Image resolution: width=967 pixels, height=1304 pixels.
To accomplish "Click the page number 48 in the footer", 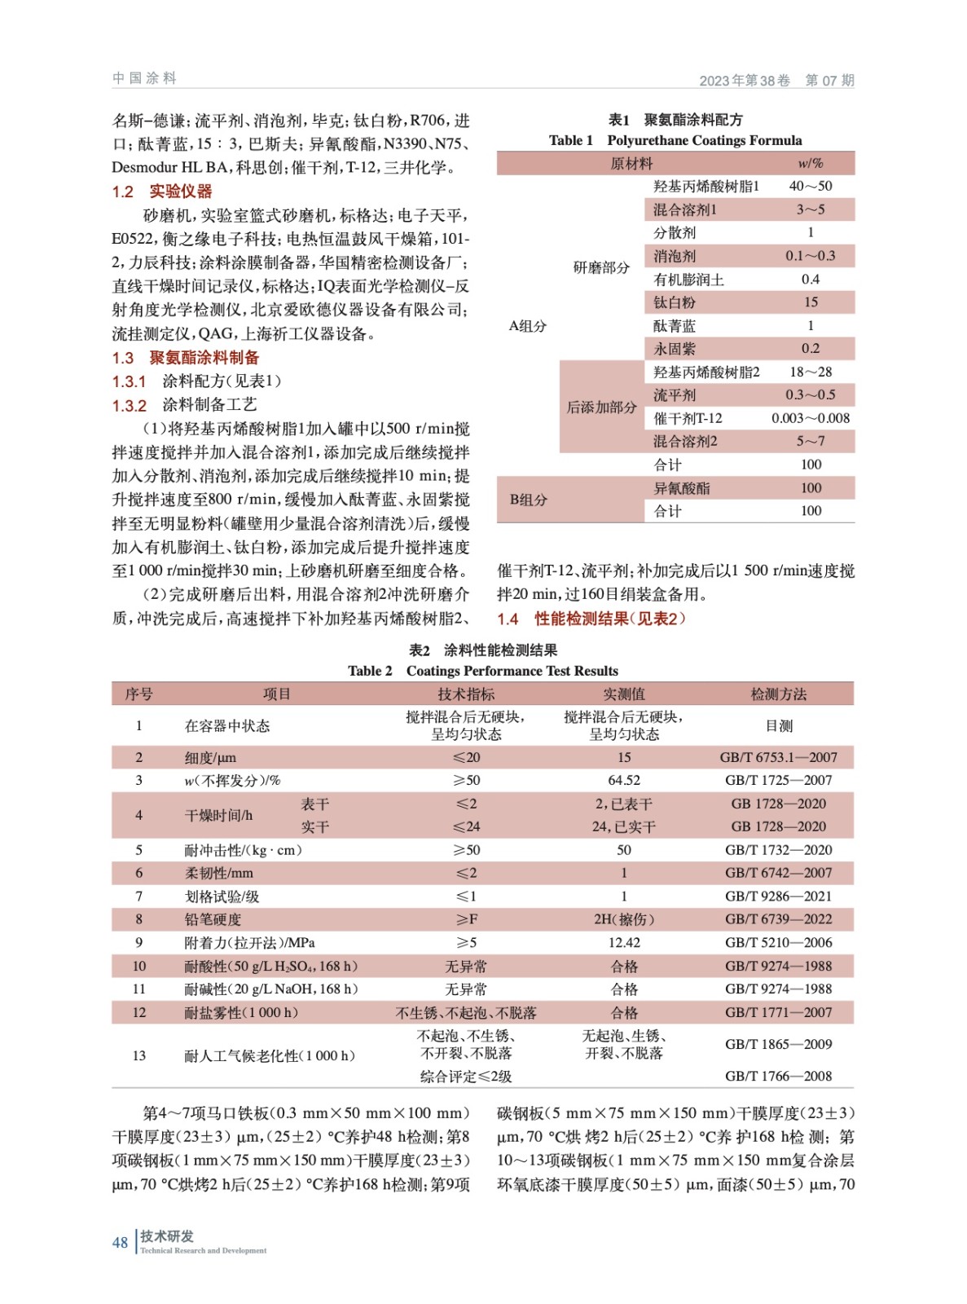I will (120, 1242).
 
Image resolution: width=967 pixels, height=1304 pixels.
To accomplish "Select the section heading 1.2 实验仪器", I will (161, 192).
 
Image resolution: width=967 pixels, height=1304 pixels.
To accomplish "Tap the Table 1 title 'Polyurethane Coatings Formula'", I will (704, 140).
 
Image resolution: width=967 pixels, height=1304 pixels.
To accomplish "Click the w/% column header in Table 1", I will (810, 163).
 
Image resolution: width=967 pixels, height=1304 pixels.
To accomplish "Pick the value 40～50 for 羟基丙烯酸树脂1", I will (810, 186).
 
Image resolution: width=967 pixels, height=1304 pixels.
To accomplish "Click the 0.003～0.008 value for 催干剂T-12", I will (810, 418).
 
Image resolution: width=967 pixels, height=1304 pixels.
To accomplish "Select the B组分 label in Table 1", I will (528, 500).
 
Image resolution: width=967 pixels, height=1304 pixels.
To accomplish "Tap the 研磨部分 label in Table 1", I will (600, 267).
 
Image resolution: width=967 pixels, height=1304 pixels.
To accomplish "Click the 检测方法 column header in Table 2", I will (778, 694).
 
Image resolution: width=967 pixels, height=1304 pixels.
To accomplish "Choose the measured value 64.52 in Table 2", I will (623, 780).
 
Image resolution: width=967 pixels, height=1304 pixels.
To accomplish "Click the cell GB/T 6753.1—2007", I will (778, 757).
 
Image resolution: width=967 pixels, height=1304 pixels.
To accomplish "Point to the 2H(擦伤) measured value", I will (623, 919).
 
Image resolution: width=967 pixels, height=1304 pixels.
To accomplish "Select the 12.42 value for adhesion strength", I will (623, 942).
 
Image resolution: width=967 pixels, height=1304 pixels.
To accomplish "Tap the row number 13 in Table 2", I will (138, 1055).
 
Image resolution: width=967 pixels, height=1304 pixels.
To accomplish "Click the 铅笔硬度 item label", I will (213, 919).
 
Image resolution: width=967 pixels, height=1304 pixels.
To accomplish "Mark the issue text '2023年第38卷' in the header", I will (745, 80).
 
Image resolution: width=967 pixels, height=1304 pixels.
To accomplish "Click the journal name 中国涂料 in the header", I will (144, 78).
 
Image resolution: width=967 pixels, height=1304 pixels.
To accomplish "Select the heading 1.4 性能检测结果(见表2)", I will (591, 619).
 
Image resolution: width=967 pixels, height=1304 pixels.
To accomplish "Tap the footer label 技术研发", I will (167, 1236).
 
